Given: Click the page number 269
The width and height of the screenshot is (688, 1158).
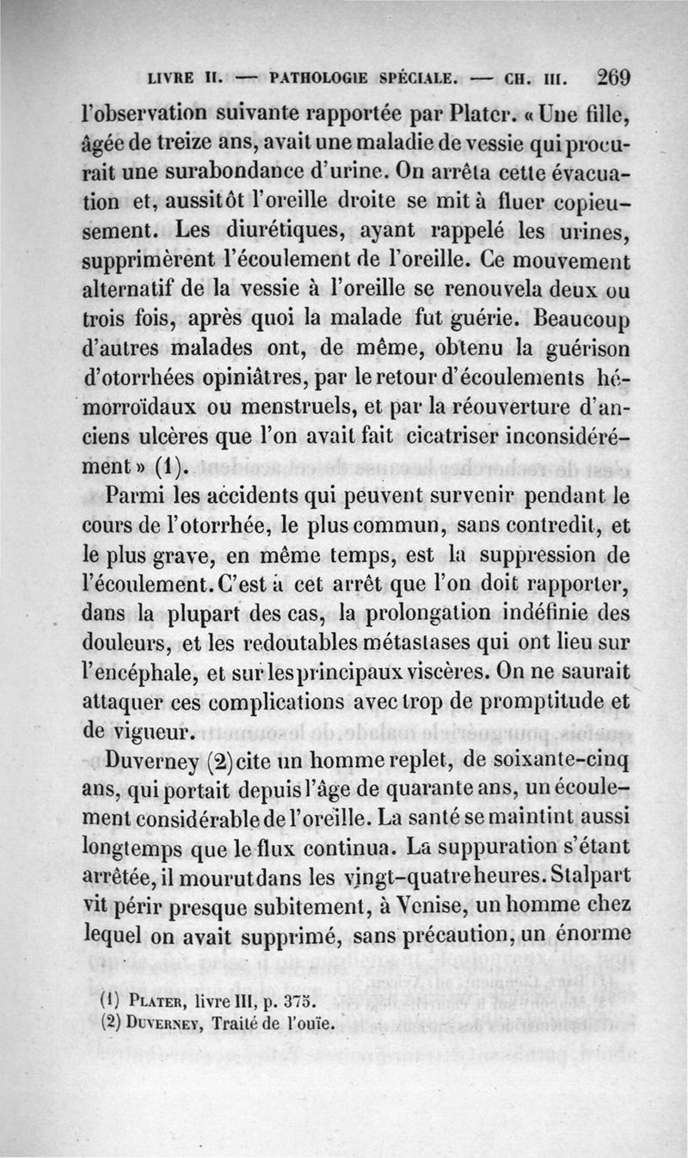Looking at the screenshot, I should (613, 76).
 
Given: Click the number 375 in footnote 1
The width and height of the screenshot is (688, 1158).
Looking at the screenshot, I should (299, 1002).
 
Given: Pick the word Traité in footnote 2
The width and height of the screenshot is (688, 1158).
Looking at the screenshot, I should (230, 1022).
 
